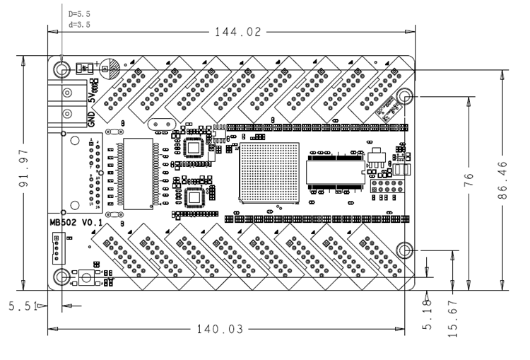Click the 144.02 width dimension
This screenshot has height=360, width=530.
(240, 32)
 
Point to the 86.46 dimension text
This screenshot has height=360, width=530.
(503, 180)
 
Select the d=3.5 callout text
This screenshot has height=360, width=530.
(79, 23)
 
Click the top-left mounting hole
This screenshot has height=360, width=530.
(61, 69)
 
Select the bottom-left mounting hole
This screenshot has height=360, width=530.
(61, 276)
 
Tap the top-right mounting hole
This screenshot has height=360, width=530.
(406, 97)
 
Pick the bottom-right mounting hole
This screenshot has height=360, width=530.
(406, 250)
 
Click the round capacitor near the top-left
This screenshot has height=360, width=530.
(109, 67)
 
